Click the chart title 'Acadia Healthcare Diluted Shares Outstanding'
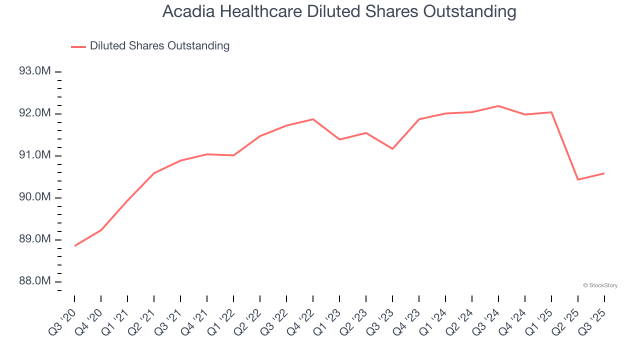click(339, 11)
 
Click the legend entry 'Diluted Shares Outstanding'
click(159, 46)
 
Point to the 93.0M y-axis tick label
click(34, 71)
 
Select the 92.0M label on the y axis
click(34, 113)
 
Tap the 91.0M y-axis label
click(34, 155)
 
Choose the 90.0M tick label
click(34, 197)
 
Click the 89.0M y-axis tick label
click(34, 239)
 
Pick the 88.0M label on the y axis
click(34, 281)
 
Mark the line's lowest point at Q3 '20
click(75, 245)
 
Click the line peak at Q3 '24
click(498, 106)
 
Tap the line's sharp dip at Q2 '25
click(578, 179)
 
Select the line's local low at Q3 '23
click(392, 148)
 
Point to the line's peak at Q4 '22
click(313, 119)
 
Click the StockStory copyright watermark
click(600, 285)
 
